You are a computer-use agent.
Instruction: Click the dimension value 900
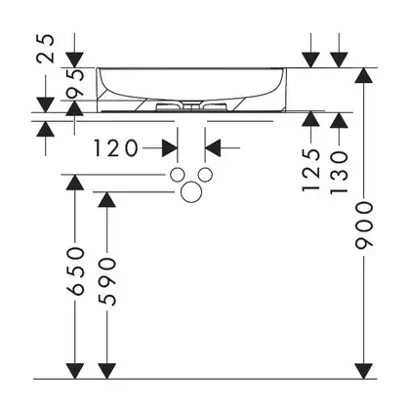tap(363, 225)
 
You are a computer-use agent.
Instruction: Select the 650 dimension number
tap(75, 271)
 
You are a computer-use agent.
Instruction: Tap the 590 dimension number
tap(106, 282)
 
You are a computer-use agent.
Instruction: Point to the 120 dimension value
tap(116, 148)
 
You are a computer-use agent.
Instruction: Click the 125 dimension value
tap(311, 170)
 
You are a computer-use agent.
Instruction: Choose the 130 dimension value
tap(339, 172)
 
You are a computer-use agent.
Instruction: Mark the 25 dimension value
tap(46, 48)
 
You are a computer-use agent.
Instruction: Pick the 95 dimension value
tap(75, 83)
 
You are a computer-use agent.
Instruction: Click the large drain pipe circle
tap(190, 191)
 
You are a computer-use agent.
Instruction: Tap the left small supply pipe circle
tap(178, 175)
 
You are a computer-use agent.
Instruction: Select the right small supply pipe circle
tap(205, 175)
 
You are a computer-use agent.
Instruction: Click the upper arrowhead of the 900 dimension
tap(363, 75)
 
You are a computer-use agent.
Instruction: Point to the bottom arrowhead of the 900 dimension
tap(363, 371)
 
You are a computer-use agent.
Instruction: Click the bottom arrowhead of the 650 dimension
tap(75, 371)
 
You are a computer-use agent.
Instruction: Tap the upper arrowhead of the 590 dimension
tap(106, 199)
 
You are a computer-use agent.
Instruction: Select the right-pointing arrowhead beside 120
tap(170, 148)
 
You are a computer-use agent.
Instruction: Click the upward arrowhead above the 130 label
tap(339, 120)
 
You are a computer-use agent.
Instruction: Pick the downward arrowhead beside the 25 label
tap(46, 105)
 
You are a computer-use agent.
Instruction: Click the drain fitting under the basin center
tap(190, 106)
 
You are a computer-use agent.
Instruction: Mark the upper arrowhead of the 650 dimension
tap(75, 183)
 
